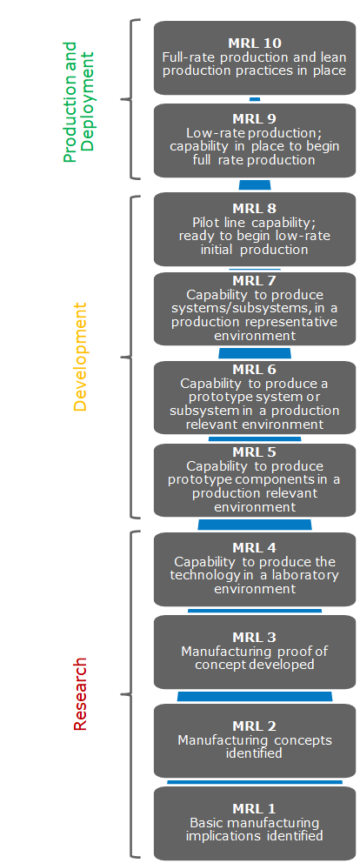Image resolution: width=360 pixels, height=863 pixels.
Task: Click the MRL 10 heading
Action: [x=254, y=43]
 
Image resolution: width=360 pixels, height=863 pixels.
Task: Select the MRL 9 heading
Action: [x=254, y=119]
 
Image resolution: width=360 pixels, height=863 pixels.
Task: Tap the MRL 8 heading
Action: [x=254, y=208]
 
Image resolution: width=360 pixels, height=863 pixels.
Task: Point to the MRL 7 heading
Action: [x=254, y=281]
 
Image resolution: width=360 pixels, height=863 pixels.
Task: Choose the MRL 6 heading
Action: [x=254, y=369]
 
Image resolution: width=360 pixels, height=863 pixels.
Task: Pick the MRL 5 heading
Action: [x=254, y=452]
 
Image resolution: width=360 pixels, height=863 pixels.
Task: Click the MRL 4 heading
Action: [x=254, y=548]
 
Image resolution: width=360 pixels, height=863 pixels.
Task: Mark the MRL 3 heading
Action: [x=254, y=637]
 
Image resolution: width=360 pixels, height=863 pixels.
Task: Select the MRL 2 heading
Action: [x=254, y=726]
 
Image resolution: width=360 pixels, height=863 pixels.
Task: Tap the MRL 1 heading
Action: [x=254, y=809]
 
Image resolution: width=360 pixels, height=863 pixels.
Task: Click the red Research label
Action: [x=80, y=693]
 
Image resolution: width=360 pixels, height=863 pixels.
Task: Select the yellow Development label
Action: [x=80, y=357]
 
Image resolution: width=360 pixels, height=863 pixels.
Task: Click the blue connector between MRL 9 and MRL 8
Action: [x=255, y=185]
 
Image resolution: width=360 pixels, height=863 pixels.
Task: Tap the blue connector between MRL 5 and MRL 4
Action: [x=255, y=525]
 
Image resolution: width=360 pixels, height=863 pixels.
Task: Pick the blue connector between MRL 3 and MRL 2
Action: [x=255, y=696]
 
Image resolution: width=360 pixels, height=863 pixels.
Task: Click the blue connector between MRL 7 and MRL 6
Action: [x=255, y=353]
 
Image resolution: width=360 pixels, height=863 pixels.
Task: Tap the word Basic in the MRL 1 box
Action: [x=207, y=822]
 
